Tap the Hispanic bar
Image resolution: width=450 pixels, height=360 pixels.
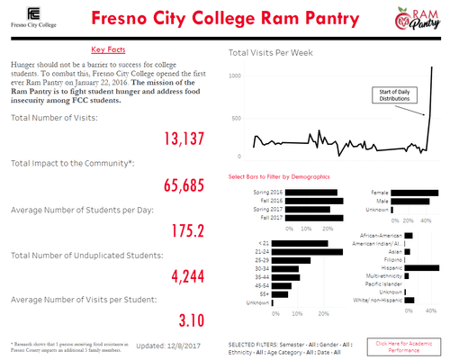422,267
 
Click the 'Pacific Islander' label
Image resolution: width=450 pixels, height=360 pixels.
378,283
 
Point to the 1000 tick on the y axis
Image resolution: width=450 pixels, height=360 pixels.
236,76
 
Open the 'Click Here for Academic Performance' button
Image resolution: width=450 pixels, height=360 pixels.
404,345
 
